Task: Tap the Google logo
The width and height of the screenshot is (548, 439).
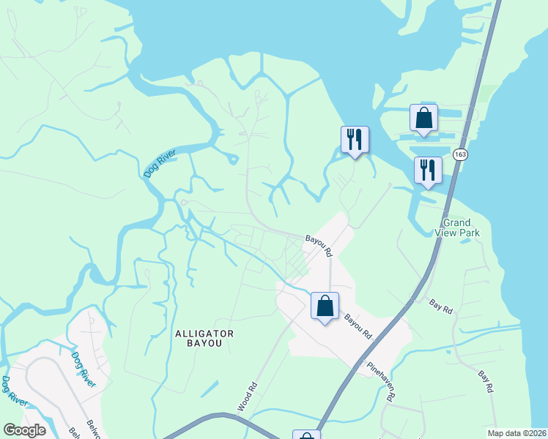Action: pos(24,430)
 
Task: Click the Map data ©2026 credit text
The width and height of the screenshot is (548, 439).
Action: pos(516,433)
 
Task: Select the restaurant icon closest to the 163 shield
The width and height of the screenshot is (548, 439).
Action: pos(427,170)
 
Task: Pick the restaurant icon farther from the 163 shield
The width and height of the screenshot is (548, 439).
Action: pos(355,139)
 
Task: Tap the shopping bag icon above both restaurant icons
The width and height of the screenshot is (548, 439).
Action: pos(423,117)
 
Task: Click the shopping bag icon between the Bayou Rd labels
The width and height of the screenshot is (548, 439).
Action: pos(325,305)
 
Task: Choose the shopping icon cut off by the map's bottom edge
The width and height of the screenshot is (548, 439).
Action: pos(307,435)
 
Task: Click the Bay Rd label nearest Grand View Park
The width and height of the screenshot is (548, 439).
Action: pos(441,307)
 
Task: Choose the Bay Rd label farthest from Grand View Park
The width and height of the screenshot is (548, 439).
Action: pos(484,381)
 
